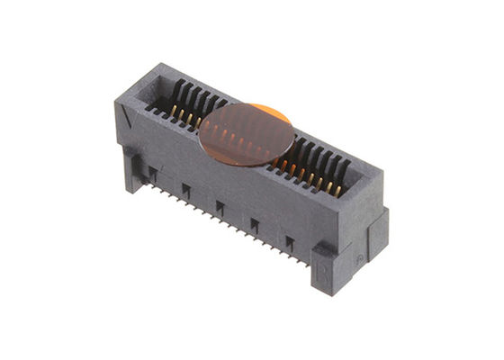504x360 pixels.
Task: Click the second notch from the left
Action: pyautogui.click(x=185, y=190)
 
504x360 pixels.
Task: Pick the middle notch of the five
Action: pyautogui.click(x=219, y=208)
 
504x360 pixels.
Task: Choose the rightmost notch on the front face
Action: pyautogui.click(x=289, y=243)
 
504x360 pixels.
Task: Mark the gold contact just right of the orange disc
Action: pyautogui.click(x=286, y=166)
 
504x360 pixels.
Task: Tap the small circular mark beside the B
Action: pyautogui.click(x=359, y=258)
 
